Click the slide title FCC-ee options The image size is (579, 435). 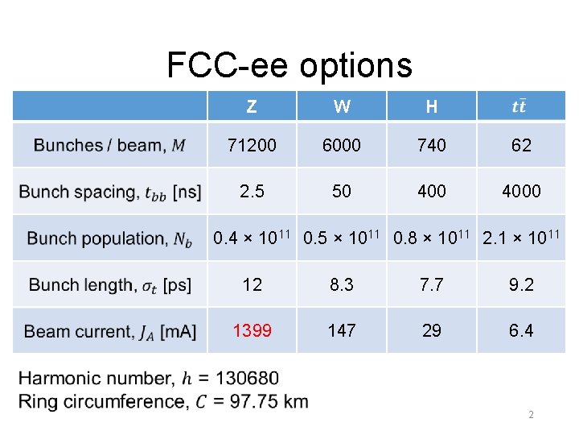tap(289, 65)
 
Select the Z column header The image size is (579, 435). tap(252, 106)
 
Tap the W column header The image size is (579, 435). tap(342, 106)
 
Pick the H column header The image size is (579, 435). tap(432, 106)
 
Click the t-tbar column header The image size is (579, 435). tap(520, 106)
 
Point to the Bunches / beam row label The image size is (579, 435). tap(110, 146)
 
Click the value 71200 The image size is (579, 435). tap(252, 146)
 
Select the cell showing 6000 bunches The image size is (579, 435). tap(342, 146)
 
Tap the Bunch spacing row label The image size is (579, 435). tap(110, 192)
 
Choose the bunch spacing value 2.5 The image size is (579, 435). tap(252, 192)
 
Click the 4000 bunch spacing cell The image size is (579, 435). tap(521, 192)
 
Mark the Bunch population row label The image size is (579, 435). tap(110, 238)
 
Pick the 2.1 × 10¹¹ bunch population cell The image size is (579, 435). tap(520, 237)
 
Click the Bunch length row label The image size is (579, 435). tap(110, 284)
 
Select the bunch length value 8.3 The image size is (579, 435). tap(342, 284)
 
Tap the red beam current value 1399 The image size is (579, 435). tap(252, 330)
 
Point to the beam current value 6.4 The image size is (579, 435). tap(521, 330)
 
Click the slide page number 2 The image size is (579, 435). tap(531, 415)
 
